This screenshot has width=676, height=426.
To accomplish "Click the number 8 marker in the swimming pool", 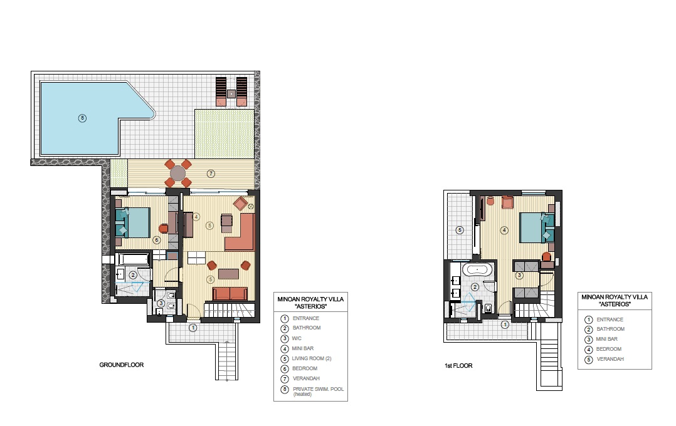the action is point(82,118).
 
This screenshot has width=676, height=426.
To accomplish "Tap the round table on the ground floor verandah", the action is point(177,174).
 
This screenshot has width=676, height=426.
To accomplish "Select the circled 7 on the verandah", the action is point(211,174).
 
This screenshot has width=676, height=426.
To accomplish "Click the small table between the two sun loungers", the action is point(231,93).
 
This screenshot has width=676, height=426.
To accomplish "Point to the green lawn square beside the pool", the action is point(224,134).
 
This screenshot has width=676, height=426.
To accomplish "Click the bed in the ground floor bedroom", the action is point(133,222).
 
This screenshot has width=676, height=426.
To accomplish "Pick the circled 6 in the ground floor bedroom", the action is point(157,240).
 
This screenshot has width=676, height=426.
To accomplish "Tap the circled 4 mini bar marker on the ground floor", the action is point(196,217).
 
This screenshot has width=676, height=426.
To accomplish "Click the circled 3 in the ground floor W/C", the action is point(161,303).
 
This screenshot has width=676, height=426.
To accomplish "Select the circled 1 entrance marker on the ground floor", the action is point(193,328).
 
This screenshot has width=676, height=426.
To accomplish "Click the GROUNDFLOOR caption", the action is point(122,365).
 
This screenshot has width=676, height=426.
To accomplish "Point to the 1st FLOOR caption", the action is point(459,366).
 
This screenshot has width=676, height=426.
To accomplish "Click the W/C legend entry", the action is point(297,338).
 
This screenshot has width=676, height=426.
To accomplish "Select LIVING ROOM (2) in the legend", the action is point(312,358).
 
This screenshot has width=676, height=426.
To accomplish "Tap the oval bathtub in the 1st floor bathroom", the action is point(477,270).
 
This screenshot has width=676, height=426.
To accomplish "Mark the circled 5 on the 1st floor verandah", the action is point(460,230).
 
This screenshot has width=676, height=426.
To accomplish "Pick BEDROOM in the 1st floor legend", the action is point(609,349).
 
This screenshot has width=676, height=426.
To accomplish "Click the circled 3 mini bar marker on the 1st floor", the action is point(519,275).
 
